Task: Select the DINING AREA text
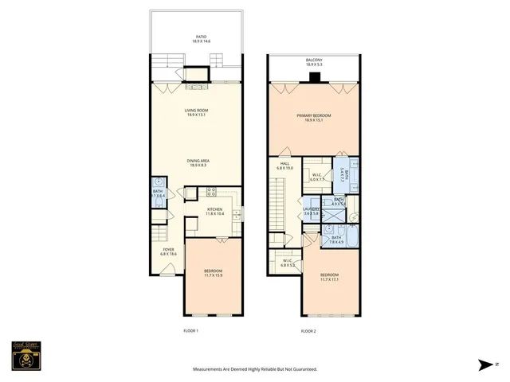[197, 163]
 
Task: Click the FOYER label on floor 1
[168, 251]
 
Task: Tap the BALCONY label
[314, 62]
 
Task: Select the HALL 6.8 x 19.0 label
[285, 166]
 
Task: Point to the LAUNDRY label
[312, 212]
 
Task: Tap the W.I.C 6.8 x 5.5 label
[288, 263]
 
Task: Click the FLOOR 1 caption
[190, 330]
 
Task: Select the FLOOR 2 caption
[308, 330]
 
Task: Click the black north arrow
[486, 365]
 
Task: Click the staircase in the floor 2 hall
[278, 202]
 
